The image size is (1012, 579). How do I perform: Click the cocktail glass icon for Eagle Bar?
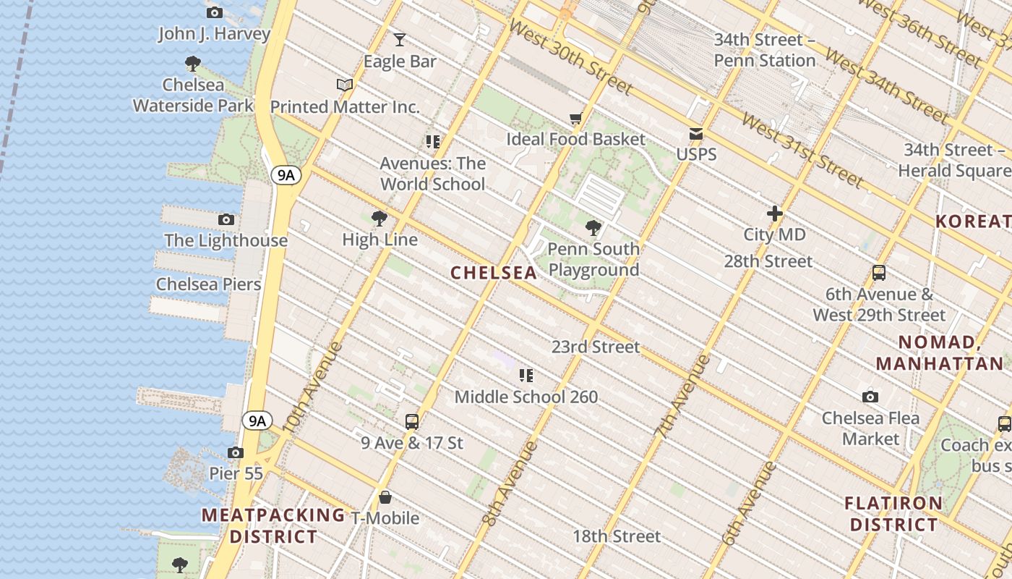400,39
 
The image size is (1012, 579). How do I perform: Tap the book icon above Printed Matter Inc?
345,85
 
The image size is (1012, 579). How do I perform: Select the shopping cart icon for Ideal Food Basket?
575,118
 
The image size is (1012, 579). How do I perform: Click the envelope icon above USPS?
696,133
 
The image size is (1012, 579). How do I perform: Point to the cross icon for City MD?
775,214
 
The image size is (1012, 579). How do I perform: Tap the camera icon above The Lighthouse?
226,219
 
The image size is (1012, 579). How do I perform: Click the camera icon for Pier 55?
235,453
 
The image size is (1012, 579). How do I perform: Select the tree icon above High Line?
379,219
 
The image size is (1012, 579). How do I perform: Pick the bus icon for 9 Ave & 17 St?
411,421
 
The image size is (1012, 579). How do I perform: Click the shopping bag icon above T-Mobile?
385,497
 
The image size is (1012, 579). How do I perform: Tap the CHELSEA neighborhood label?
494,273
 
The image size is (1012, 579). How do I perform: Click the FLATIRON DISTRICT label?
893,513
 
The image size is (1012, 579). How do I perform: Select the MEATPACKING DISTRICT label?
273,526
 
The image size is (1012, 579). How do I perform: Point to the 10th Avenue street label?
312,386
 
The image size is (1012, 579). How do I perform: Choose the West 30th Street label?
570,57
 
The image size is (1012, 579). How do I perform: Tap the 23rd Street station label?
596,347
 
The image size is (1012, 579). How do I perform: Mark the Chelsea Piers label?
209,284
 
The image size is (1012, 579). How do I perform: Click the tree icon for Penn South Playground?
593,228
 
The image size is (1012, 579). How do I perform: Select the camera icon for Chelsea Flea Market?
870,397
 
